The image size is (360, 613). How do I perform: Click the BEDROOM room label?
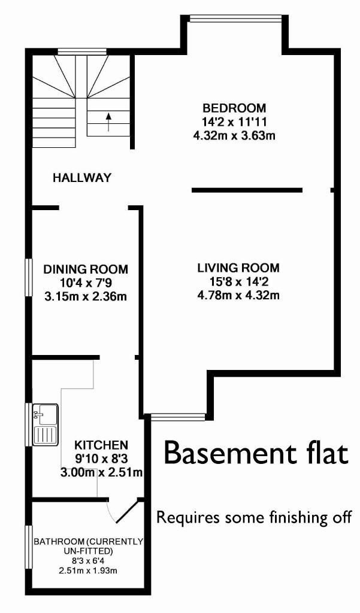(x=234, y=108)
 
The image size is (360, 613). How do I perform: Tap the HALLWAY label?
(x=82, y=178)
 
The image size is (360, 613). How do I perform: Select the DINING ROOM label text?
(x=86, y=269)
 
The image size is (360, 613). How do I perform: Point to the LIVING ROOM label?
(x=238, y=268)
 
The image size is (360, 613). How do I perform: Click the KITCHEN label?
(x=101, y=445)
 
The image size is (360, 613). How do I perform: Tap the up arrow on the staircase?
(x=108, y=120)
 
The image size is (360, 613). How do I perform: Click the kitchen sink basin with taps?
(x=46, y=414)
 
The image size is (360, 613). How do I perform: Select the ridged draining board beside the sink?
(x=46, y=436)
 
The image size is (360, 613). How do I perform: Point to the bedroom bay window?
(x=235, y=18)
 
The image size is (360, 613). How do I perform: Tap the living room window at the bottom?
(x=178, y=417)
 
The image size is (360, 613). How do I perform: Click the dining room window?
(x=28, y=277)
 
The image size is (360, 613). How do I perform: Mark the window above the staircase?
(x=82, y=51)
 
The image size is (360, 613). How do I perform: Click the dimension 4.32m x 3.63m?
(x=234, y=135)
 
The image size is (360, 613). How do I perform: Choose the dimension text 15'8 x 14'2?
(x=238, y=281)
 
